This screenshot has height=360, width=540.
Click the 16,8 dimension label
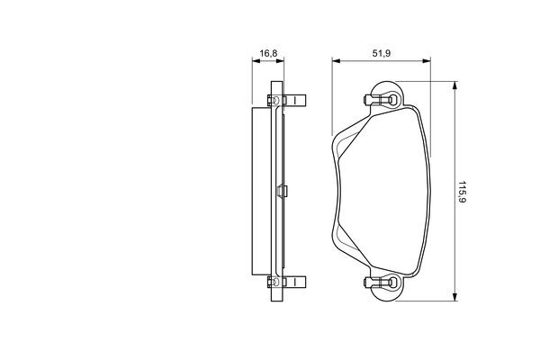click(x=268, y=53)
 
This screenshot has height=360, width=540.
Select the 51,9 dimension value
click(x=382, y=53)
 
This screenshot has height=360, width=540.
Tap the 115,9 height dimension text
click(x=462, y=192)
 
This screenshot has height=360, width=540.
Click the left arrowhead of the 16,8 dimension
click(x=256, y=61)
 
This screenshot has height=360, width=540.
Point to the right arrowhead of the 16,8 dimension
click(x=280, y=61)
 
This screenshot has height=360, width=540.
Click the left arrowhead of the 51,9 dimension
click(x=336, y=61)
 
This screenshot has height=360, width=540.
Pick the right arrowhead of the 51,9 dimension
click(x=427, y=61)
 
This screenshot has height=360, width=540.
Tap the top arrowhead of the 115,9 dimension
click(x=454, y=85)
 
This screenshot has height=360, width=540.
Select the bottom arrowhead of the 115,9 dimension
click(x=454, y=297)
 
